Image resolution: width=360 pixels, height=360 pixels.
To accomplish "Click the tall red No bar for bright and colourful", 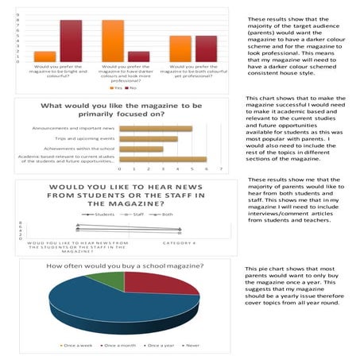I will tap(71, 41).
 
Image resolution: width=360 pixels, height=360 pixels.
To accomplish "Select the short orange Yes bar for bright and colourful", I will tap(45, 56).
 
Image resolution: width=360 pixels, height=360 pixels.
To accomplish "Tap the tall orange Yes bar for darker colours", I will tap(113, 41).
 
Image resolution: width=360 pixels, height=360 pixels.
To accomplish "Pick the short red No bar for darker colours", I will tap(138, 56).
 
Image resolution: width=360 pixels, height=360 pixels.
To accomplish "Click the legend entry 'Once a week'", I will tap(79, 345).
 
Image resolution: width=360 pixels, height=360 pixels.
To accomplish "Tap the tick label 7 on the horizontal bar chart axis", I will tap(218, 169).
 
